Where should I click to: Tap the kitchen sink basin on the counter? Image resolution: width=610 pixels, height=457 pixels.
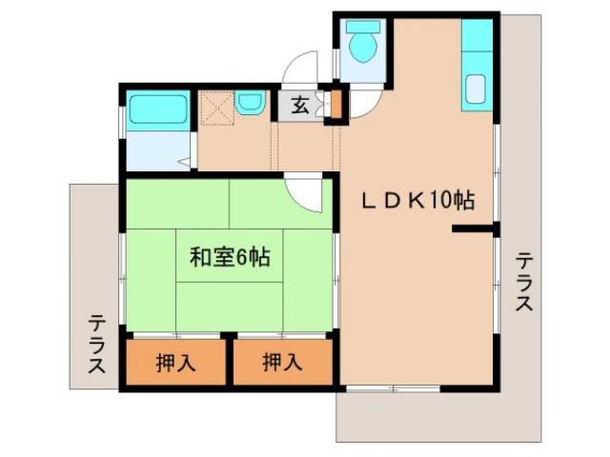pyautogui.click(x=475, y=90)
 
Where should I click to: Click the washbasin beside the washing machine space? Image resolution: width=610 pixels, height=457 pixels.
pyautogui.click(x=250, y=102)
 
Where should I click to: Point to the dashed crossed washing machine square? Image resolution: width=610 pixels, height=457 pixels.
pyautogui.click(x=215, y=109)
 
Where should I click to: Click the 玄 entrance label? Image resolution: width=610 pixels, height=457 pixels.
pyautogui.click(x=299, y=105)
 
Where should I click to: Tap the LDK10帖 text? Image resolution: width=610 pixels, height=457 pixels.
pyautogui.click(x=417, y=201)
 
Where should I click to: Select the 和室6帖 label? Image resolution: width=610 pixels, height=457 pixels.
pyautogui.click(x=229, y=256)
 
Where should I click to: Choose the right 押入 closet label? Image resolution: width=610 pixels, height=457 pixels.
pyautogui.click(x=283, y=362)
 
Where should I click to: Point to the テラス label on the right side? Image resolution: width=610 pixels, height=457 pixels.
pyautogui.click(x=523, y=282)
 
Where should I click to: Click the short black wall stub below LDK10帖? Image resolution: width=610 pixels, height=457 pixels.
pyautogui.click(x=474, y=228)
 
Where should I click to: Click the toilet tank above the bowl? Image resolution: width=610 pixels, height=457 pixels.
pyautogui.click(x=363, y=26)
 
